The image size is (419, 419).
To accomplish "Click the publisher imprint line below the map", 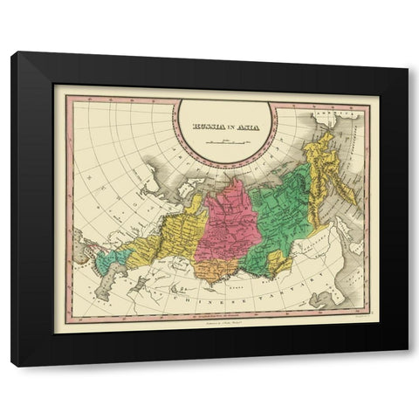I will [x=224, y=320].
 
